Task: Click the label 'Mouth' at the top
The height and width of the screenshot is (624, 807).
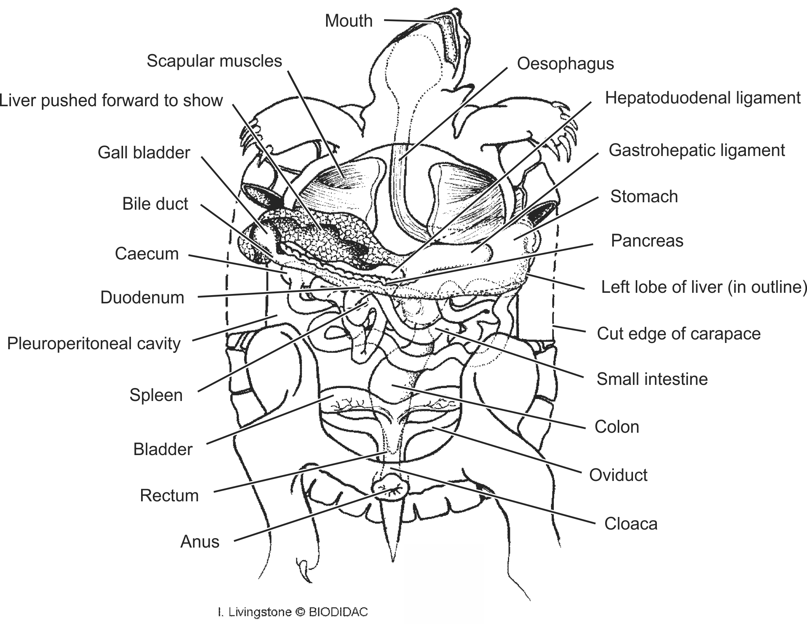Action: coord(348,21)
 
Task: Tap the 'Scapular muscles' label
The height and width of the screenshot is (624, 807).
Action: coord(214,61)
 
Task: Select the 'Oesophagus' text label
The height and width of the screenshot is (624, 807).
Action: coord(565,63)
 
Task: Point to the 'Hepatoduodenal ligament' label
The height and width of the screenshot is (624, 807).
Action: coord(702,98)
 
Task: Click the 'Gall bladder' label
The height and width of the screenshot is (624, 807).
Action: coord(144,152)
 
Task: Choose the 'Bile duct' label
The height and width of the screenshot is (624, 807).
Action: coord(155,204)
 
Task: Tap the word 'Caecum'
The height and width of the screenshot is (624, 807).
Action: coord(147,254)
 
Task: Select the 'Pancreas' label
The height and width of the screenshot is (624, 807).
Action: coord(647,241)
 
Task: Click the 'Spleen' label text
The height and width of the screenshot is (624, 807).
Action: coord(156,395)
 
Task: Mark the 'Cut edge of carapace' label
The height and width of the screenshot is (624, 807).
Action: coord(678,334)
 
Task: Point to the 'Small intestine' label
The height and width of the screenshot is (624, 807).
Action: coord(652,379)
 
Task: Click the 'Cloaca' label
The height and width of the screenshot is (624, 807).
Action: coord(631,524)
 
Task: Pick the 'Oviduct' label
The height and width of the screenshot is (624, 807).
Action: coord(618,475)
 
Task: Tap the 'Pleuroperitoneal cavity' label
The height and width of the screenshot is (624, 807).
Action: coord(94,344)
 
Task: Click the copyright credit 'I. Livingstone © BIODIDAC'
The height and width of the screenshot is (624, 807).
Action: coord(292,612)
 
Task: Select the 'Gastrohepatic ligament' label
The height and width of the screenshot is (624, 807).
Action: coord(696,151)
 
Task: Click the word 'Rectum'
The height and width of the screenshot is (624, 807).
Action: coord(169,496)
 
